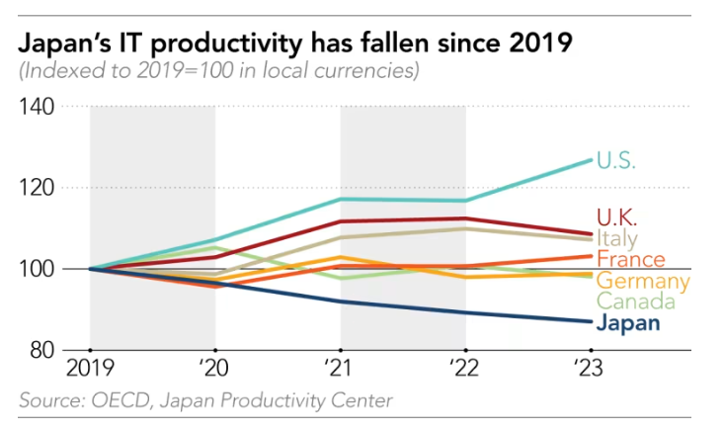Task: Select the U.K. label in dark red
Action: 617,217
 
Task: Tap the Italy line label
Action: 617,239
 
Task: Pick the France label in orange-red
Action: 630,261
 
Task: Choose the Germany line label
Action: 642,282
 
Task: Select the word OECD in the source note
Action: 116,400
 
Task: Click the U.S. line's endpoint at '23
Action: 591,159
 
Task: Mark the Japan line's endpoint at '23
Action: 591,321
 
